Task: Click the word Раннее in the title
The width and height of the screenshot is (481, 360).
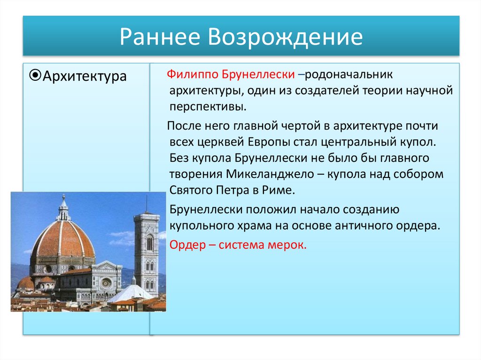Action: point(160,37)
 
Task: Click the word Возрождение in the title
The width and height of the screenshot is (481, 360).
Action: point(286,38)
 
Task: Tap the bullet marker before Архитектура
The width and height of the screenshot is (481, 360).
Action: point(35,75)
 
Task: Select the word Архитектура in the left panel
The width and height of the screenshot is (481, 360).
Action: point(85,76)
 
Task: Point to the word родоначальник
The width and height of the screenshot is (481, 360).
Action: point(349,75)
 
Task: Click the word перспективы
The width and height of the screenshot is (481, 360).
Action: point(208,107)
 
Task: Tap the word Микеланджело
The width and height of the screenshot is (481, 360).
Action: point(270,174)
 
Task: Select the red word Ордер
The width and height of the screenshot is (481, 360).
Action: point(187,245)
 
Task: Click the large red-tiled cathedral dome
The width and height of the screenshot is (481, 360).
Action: point(63,239)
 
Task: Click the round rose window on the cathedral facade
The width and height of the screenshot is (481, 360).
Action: point(107,283)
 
